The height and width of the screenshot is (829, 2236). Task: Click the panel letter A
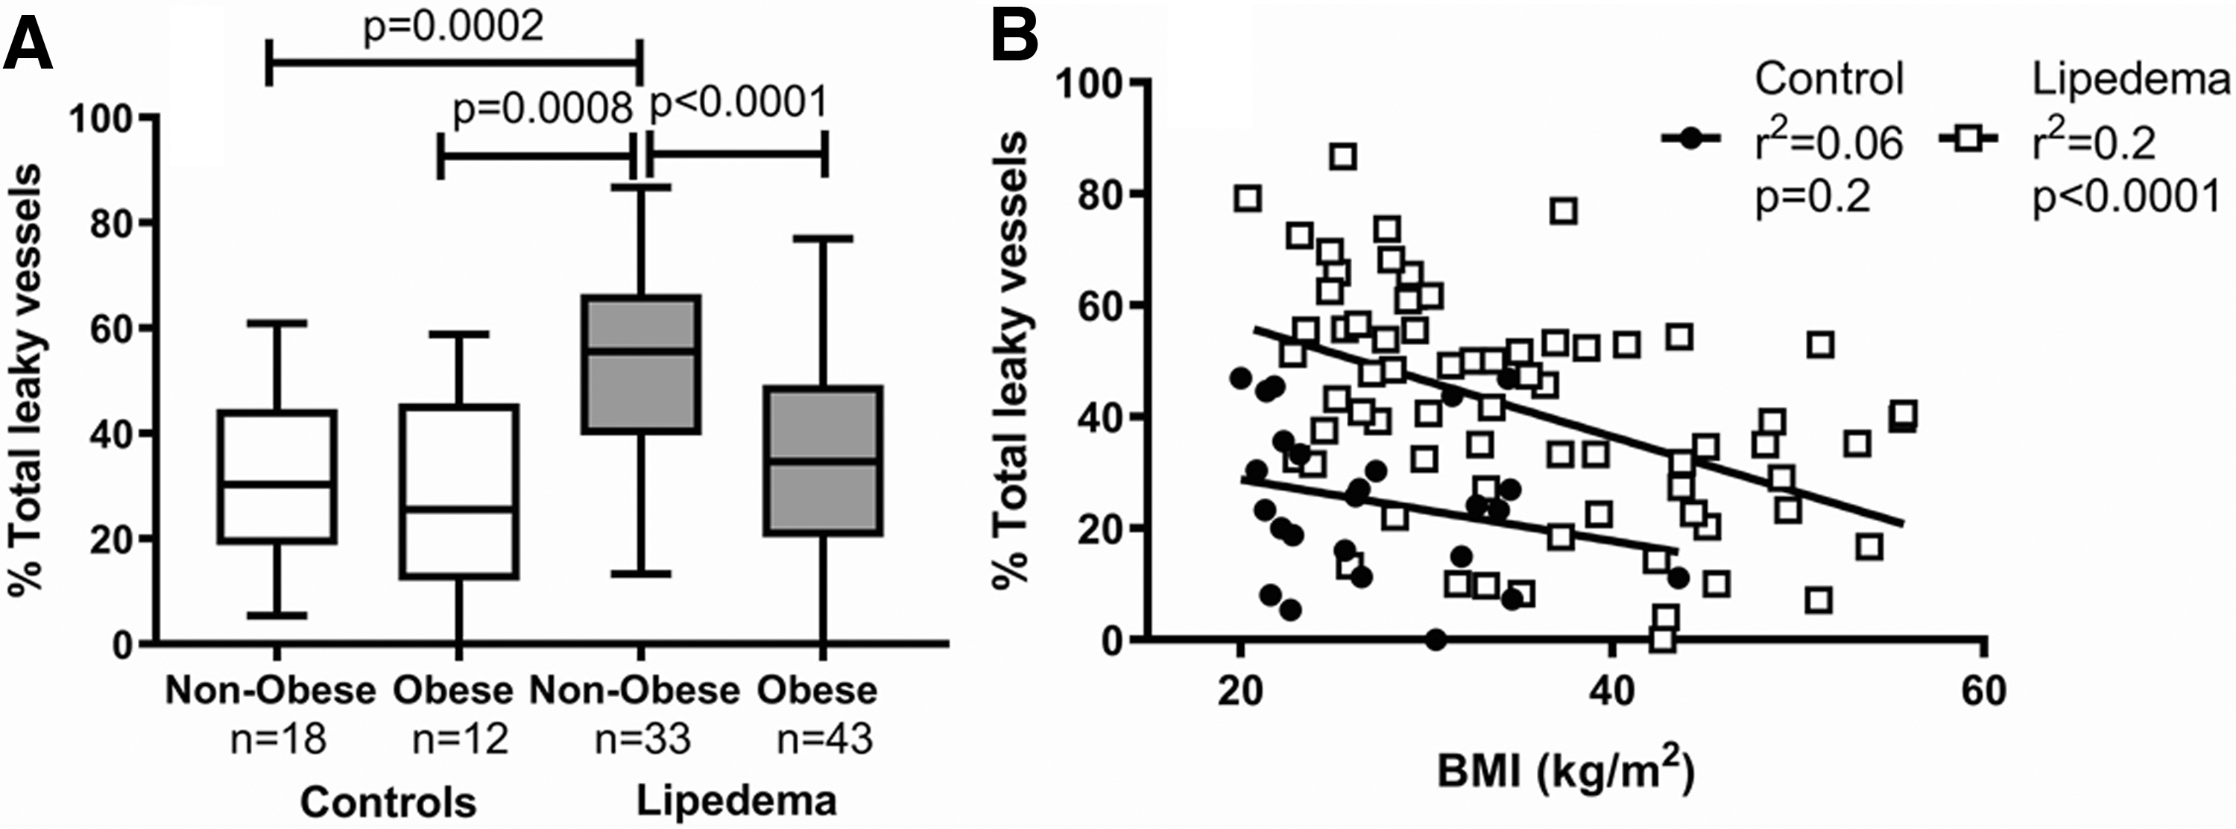coord(28,43)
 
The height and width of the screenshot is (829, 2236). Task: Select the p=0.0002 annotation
coord(452,26)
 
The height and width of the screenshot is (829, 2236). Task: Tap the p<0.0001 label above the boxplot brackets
coord(739,104)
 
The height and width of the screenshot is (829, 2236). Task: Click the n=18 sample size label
coord(278,740)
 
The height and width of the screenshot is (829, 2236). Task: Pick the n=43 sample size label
coord(824,740)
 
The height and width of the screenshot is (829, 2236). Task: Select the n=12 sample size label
coord(460,740)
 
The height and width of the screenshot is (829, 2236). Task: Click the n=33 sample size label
coord(642,740)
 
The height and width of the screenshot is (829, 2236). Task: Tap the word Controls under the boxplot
coord(388,803)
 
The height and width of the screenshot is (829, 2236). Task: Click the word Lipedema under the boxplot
coord(737,801)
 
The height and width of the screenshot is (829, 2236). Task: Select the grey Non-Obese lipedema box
coord(642,364)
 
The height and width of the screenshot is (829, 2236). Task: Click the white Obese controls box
coord(459,491)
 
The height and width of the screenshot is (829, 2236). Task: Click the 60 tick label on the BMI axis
coord(1983,692)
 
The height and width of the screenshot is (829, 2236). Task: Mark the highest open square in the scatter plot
coord(1344,157)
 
